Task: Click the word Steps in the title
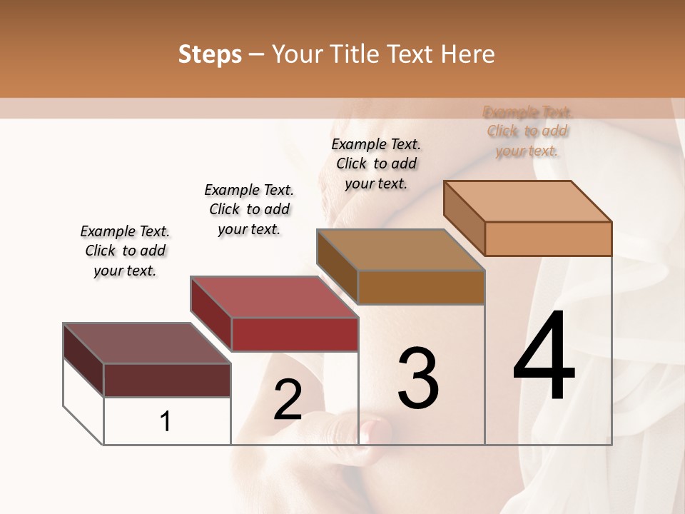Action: click(x=210, y=54)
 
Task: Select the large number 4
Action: click(x=544, y=357)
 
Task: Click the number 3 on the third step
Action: click(x=418, y=378)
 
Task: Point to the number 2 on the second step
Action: click(x=288, y=400)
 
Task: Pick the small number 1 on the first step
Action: click(x=166, y=422)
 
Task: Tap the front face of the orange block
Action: click(x=548, y=238)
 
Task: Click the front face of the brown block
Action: click(x=421, y=287)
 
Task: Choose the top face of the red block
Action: click(x=274, y=297)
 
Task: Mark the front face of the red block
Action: click(x=294, y=334)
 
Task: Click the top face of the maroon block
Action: click(x=147, y=343)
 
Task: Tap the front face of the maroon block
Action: click(x=167, y=380)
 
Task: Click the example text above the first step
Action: click(x=125, y=251)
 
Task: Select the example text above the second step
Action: click(x=249, y=209)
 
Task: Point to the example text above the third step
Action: click(x=376, y=163)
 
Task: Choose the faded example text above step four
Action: click(x=527, y=131)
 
